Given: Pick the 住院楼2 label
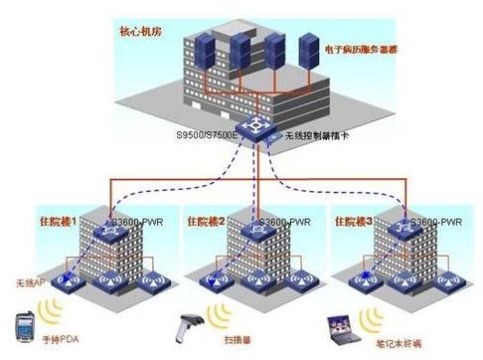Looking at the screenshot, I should pyautogui.click(x=204, y=222).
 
